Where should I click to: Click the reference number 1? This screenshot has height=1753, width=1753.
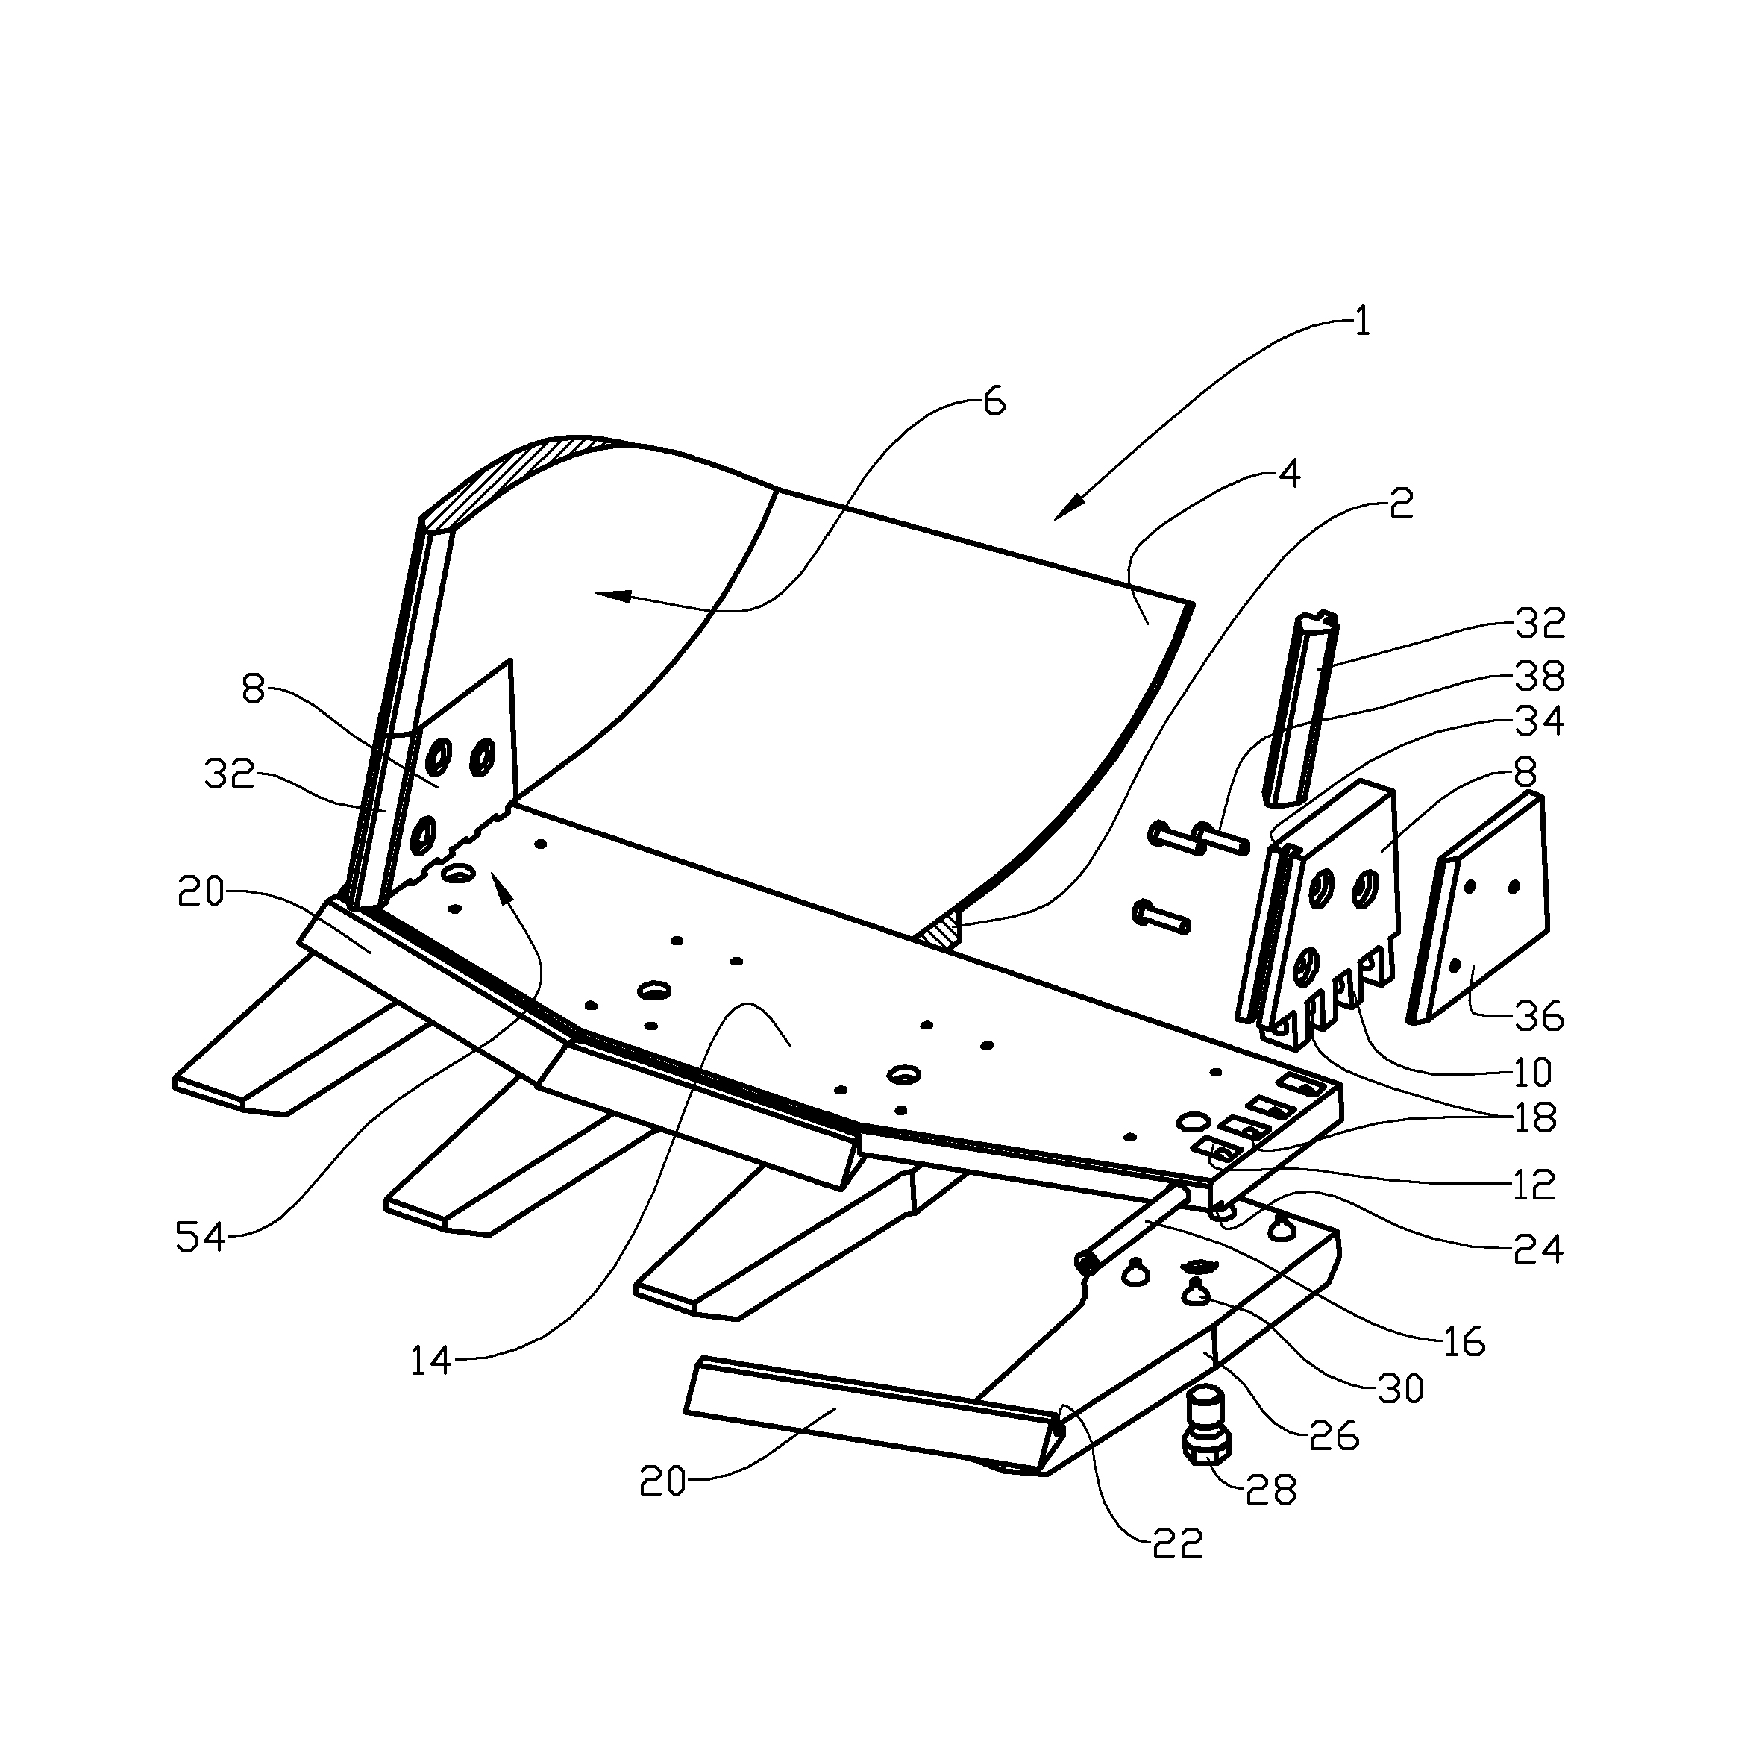(1361, 322)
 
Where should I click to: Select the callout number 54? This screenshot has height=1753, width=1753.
(200, 1237)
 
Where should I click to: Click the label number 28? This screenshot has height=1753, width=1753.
(1271, 1490)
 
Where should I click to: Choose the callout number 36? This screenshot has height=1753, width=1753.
(1540, 1017)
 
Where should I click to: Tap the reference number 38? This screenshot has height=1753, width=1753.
(1540, 675)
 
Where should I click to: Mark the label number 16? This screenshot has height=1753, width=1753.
(1462, 1341)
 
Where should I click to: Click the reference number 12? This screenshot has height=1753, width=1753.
(1534, 1185)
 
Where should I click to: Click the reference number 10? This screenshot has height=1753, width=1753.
(1532, 1073)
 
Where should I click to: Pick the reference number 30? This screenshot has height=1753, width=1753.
(1400, 1388)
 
